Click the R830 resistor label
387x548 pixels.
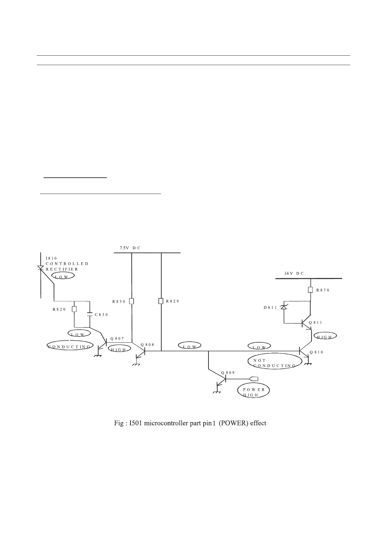[119, 302]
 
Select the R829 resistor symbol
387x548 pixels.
[161, 301]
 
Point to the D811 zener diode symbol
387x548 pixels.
[284, 307]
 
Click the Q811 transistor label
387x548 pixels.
[315, 322]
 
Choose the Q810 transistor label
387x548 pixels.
[316, 352]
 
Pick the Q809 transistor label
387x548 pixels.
[228, 372]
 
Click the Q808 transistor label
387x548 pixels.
[147, 344]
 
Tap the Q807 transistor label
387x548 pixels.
[117, 338]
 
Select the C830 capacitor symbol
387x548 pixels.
[90, 315]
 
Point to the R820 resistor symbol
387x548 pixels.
[74, 309]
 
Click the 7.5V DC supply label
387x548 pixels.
[130, 248]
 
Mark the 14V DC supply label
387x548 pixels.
[294, 274]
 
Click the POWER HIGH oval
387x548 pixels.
[254, 392]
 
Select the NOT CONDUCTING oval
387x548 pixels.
[275, 363]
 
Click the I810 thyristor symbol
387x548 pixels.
[41, 268]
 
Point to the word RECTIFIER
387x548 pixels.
[62, 269]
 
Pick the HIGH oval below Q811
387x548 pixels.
[324, 337]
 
